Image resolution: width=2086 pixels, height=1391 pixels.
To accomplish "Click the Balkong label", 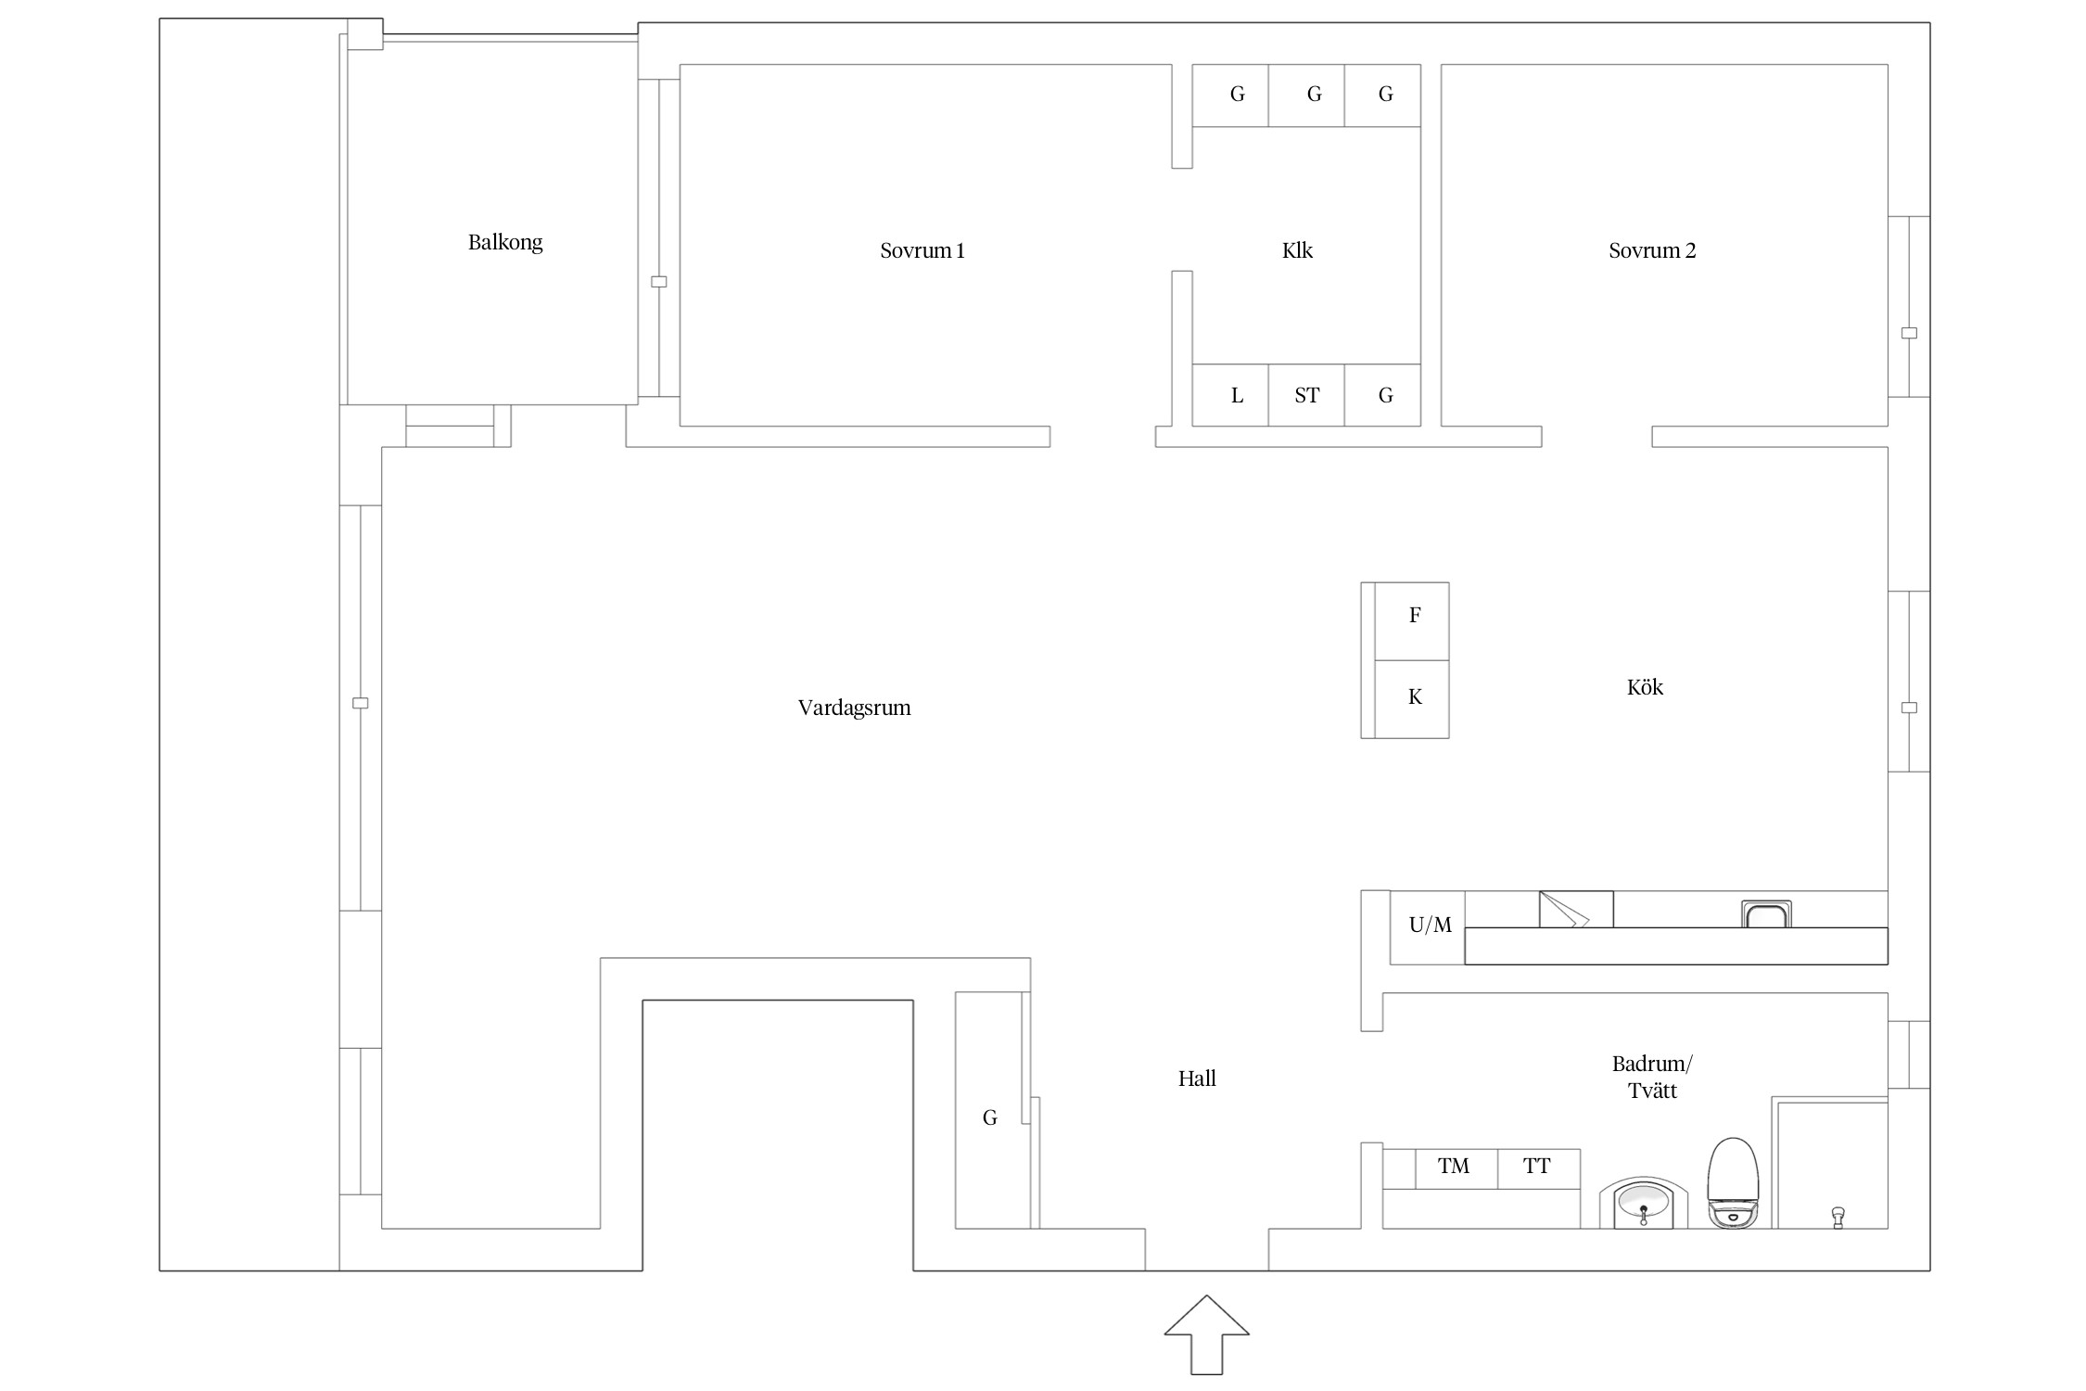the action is pos(505,243).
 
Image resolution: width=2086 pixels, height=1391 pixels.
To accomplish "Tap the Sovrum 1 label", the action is pos(922,250).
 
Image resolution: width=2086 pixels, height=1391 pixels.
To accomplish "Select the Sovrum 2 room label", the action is pos(1652,250).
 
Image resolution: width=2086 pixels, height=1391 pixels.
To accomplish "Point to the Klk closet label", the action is pos(1297,250).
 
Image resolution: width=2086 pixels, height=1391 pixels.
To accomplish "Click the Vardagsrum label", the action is pos(855,708).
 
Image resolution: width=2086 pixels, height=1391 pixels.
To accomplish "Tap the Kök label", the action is pos(1645,687).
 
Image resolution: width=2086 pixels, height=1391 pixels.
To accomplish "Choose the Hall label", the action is pos(1197,1078).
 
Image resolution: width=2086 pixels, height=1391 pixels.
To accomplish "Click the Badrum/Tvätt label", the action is pos(1652,1077).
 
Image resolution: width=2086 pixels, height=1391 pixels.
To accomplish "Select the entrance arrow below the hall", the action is pos(1206,1334).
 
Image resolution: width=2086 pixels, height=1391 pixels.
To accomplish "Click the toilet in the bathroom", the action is pos(1733,1183).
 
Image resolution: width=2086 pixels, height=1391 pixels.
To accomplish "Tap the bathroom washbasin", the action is pos(1644,1204).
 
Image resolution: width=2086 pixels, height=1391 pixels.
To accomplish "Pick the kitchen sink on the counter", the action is pos(1766,914).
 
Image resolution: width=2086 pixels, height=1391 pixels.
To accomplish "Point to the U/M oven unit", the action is pos(1427,927).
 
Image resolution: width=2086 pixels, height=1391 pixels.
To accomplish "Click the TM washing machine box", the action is pos(1456,1168).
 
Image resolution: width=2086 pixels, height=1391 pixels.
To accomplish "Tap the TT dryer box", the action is pos(1539,1168).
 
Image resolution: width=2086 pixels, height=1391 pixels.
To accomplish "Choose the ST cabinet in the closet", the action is pos(1306,395).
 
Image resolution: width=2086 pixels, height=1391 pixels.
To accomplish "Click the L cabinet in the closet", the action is pos(1230,395).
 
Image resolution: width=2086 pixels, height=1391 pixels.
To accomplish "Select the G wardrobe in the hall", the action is pos(989,1110).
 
